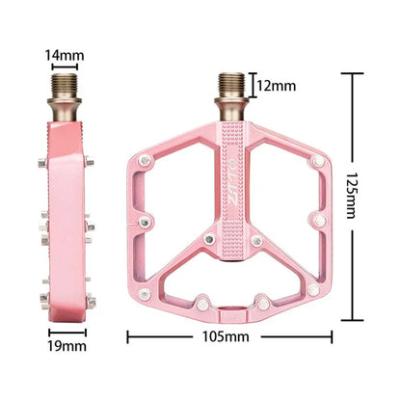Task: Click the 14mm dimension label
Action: coord(61,55)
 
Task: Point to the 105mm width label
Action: coord(227,337)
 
